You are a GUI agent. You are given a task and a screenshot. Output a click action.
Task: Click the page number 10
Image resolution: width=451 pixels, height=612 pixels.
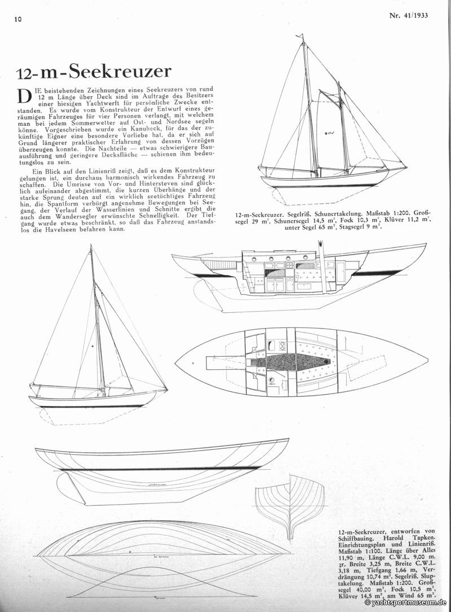tap(18, 19)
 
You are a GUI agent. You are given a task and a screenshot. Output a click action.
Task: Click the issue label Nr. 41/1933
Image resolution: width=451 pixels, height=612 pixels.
tap(408, 15)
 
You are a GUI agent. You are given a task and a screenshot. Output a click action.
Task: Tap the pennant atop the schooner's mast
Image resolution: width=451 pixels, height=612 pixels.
tap(301, 37)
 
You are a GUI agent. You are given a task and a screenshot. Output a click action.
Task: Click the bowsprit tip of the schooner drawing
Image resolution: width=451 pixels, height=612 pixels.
tap(405, 167)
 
